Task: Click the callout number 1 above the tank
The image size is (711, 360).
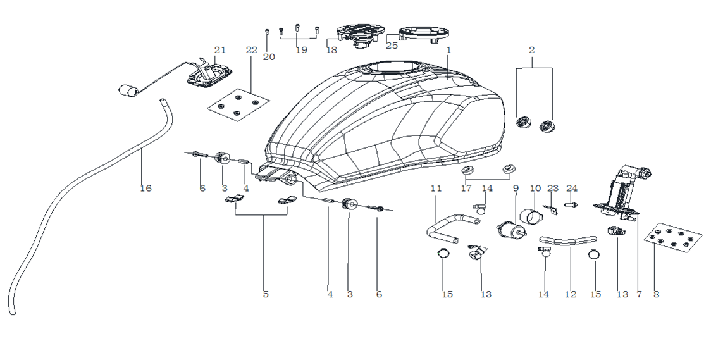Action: [448, 49]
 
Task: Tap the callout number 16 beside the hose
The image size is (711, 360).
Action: [146, 188]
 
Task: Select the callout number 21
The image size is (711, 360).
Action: [219, 50]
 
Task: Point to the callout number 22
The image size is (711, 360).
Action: [252, 50]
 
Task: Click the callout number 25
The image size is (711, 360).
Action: [392, 46]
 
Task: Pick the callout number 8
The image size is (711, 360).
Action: [656, 294]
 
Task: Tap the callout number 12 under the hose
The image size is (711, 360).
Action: [571, 294]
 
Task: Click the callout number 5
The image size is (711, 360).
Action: [266, 294]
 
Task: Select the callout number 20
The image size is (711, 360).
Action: [269, 57]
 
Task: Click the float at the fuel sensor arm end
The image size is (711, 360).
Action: [128, 90]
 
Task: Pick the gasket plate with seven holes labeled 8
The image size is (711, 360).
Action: [674, 239]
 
